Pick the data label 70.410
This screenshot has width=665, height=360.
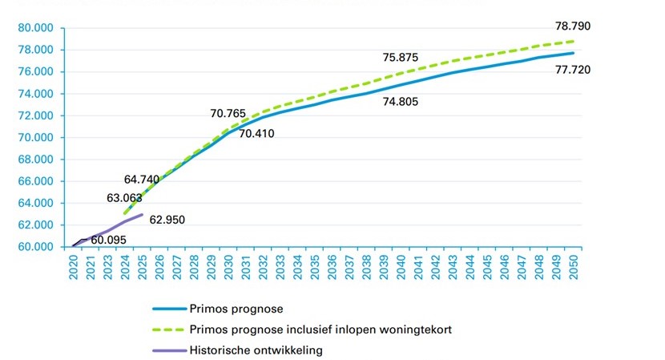(256, 133)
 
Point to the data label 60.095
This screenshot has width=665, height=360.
(107, 239)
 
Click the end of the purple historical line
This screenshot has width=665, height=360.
(143, 215)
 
